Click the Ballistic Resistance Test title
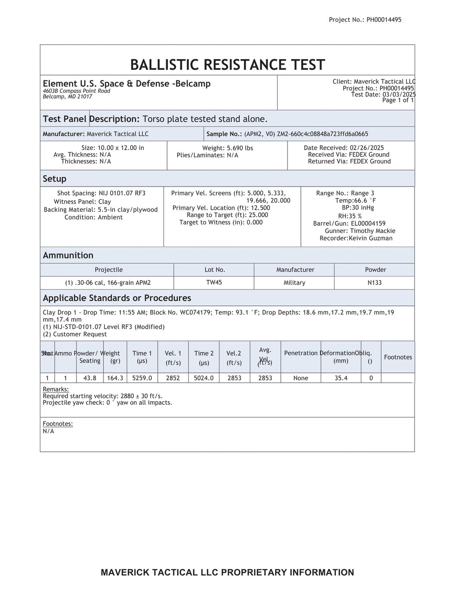[x=227, y=65]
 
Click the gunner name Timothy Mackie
[x=372, y=231]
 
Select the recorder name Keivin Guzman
[x=371, y=238]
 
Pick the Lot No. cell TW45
[x=214, y=283]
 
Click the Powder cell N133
[x=375, y=283]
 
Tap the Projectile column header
[x=108, y=270]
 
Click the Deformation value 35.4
[x=341, y=378]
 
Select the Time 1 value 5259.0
[x=142, y=378]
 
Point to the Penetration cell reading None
[x=300, y=378]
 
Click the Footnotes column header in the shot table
[x=398, y=357]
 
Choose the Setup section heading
[x=55, y=179]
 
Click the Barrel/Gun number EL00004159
[x=368, y=223]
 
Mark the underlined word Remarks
[x=52, y=389]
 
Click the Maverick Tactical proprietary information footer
[x=227, y=572]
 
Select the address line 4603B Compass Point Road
[x=76, y=91]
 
